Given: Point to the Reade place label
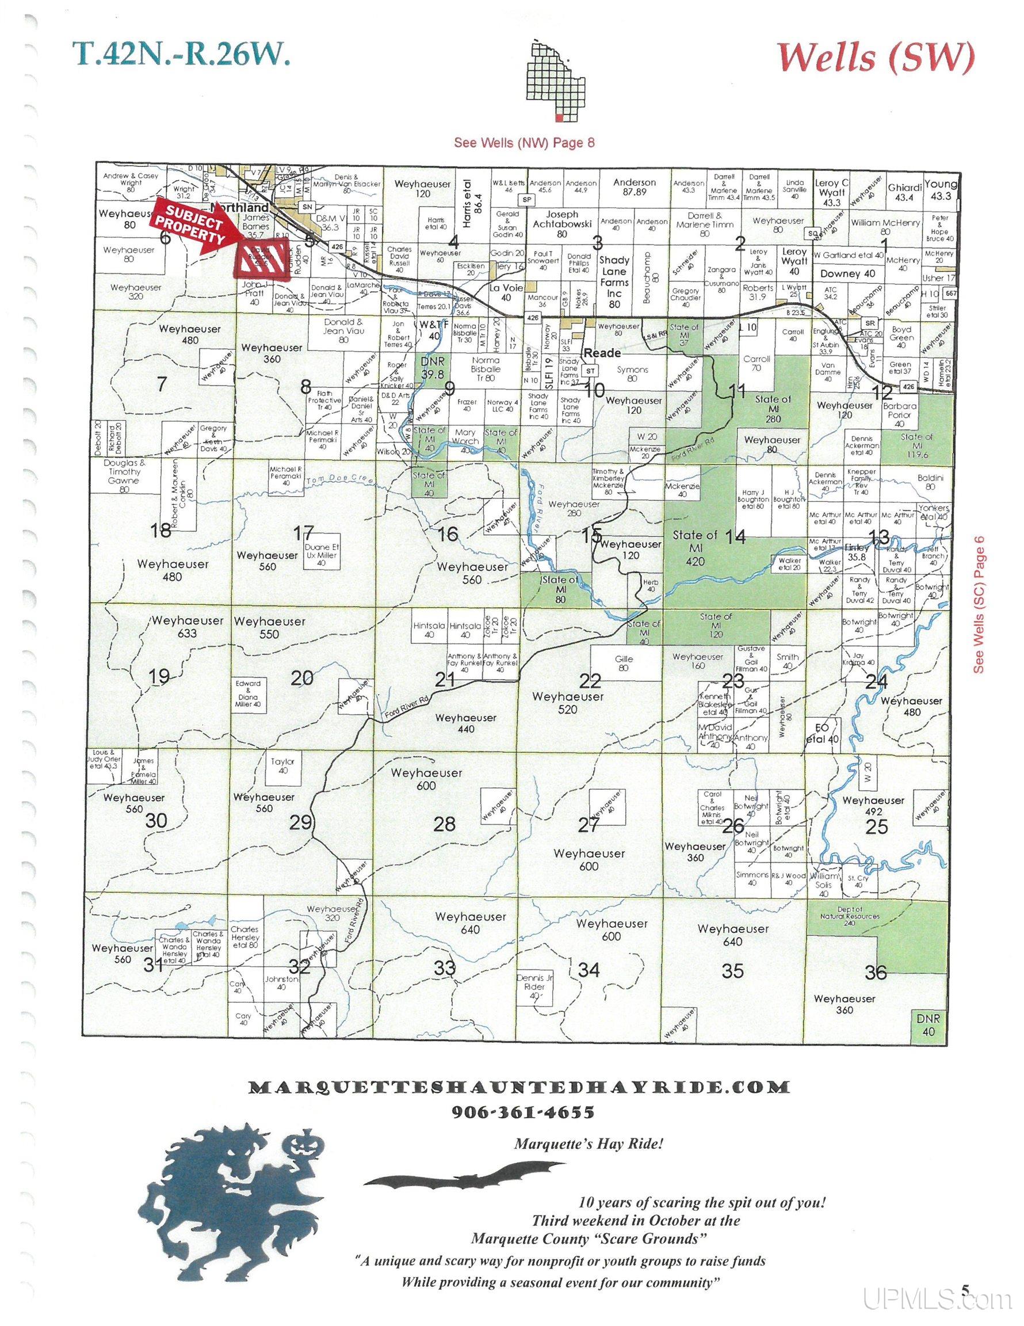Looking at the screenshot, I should click(x=602, y=353).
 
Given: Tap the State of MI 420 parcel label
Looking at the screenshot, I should click(x=696, y=548).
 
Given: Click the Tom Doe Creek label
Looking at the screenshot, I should click(x=337, y=479).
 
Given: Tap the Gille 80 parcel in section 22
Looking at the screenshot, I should click(x=624, y=663).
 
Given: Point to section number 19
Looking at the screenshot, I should click(x=159, y=676).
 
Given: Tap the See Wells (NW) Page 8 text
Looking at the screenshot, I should click(x=524, y=143).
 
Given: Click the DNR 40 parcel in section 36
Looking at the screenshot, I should click(x=928, y=1024).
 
